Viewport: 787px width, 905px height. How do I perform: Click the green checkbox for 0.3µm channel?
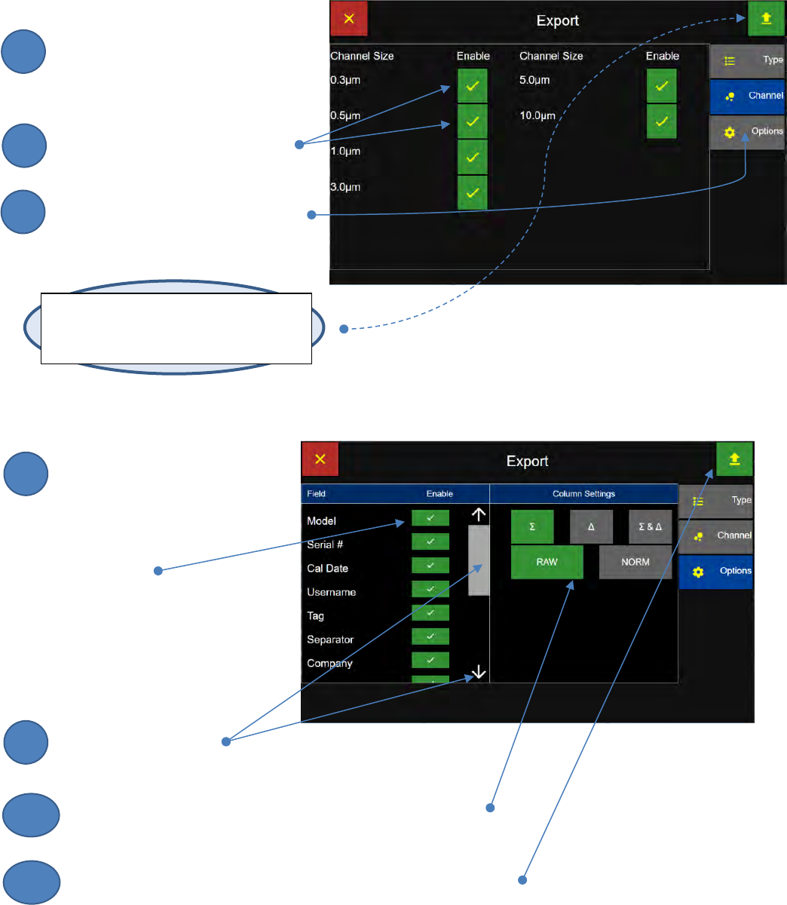tap(472, 86)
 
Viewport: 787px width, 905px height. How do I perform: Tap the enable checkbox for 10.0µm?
tap(661, 122)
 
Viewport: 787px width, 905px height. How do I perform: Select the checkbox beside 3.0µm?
tap(472, 193)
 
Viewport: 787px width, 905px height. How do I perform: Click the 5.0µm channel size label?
tap(534, 80)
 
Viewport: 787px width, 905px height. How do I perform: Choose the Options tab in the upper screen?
tap(747, 132)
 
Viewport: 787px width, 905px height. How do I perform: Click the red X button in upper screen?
tap(349, 19)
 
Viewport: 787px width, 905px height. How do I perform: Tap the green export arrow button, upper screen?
tap(766, 19)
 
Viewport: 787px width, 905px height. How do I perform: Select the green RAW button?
tap(547, 563)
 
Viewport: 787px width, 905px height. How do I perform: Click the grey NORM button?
tap(635, 563)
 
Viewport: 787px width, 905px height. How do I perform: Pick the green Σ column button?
tap(532, 526)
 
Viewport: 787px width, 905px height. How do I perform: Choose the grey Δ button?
tap(591, 526)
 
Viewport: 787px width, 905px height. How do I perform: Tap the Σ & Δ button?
tap(650, 526)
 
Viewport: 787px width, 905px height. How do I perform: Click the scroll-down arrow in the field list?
tap(479, 672)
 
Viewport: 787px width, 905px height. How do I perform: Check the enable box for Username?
tap(430, 589)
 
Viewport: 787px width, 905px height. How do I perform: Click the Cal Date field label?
tap(327, 569)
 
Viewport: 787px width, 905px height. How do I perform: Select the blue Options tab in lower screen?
tap(715, 572)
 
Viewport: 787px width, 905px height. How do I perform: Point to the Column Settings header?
tap(583, 494)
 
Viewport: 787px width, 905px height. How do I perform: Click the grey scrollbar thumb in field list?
tap(479, 560)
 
